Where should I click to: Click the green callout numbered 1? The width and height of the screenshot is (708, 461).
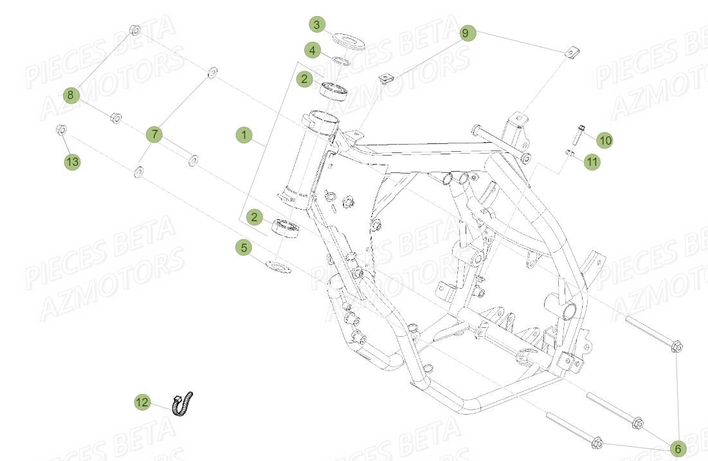tap(244, 135)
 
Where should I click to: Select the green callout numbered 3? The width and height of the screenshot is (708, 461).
tap(316, 25)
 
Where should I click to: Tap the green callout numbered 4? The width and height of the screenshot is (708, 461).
tap(312, 50)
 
